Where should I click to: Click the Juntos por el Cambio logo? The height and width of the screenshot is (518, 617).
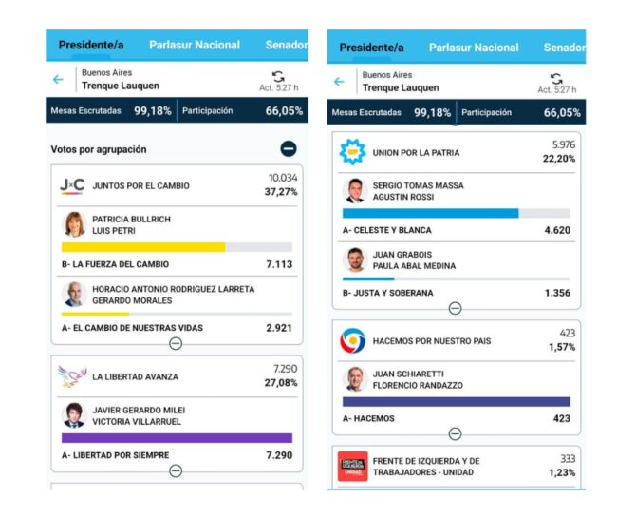tap(72, 185)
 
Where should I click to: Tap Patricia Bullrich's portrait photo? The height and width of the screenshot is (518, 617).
tap(73, 224)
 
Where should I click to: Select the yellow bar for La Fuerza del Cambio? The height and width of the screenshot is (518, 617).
tap(143, 247)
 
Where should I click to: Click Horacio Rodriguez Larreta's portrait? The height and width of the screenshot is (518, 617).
tap(73, 294)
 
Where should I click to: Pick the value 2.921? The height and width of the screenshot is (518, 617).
tap(280, 328)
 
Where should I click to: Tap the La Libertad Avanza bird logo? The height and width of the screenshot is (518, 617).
tap(72, 376)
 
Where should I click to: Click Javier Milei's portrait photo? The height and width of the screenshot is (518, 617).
tap(73, 415)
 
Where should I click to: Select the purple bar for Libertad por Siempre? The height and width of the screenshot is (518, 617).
tap(177, 438)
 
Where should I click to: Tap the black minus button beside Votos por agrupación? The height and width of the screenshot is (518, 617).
tap(289, 149)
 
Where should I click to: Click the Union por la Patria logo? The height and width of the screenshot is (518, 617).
tap(353, 152)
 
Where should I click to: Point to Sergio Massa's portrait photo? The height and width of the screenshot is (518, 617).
tap(354, 191)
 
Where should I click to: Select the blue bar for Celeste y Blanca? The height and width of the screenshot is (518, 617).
tap(430, 213)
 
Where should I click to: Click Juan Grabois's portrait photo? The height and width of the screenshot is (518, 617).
tap(354, 259)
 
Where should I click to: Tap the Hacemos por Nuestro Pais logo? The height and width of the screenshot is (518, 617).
tap(353, 340)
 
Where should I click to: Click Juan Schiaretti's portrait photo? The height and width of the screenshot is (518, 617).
tap(354, 379)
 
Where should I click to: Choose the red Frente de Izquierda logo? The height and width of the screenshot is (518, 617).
tap(353, 466)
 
